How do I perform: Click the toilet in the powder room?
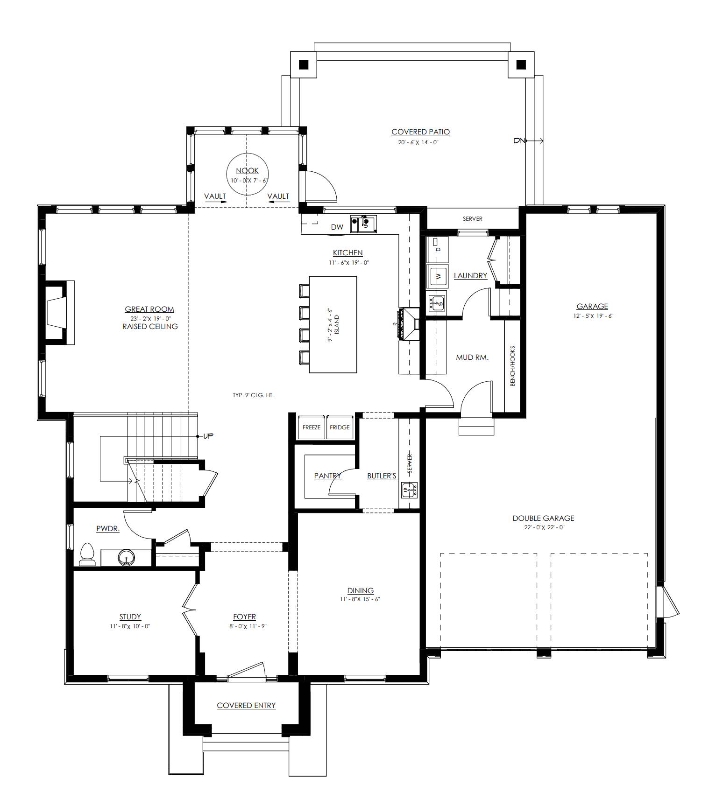coord(88,554)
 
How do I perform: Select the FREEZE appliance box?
coord(312,427)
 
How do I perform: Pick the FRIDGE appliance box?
coord(340,427)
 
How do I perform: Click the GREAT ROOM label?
coord(149,309)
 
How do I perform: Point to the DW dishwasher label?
coord(337,227)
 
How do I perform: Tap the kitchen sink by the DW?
coord(364,224)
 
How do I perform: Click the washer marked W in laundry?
coord(438,275)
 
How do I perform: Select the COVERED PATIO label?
coord(420,132)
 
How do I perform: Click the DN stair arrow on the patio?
coord(528,140)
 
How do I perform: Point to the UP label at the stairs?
coord(208,436)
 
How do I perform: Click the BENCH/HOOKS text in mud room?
coord(512,366)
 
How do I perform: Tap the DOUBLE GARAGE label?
coord(543,518)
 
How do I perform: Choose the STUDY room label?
coord(130,617)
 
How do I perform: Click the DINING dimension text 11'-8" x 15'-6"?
coord(360,599)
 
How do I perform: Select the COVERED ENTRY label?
coord(246,705)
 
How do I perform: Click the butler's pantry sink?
coord(410,490)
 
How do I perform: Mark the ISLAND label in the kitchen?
coord(337,324)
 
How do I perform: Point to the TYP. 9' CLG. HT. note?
coord(253,395)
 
